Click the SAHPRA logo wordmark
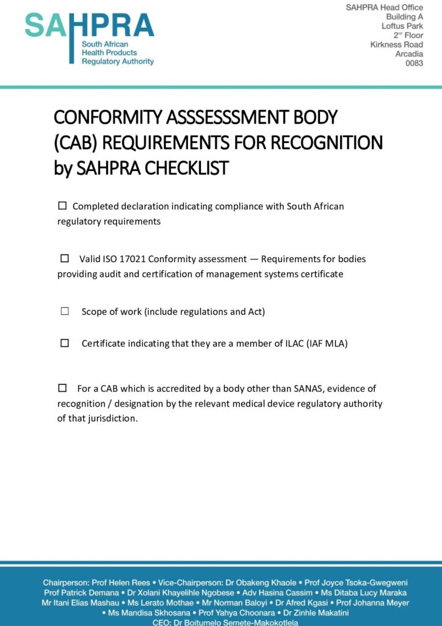coord(89,26)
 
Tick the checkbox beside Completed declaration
coord(62,206)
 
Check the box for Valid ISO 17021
coord(65,259)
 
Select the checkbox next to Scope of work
coord(65,311)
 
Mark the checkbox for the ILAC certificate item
coord(65,343)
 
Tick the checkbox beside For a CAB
coord(62,388)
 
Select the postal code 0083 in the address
coord(414,63)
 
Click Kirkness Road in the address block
coord(396,45)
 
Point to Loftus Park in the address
coord(402,26)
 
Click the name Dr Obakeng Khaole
coord(263,583)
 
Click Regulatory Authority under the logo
coord(118,62)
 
